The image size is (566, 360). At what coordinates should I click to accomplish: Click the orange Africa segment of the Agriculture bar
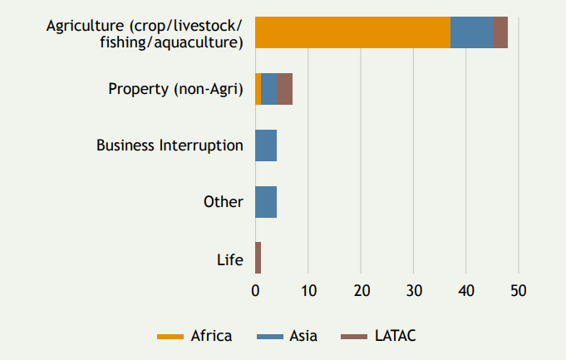[x=352, y=32]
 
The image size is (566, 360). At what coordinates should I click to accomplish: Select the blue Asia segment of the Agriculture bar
[x=471, y=32]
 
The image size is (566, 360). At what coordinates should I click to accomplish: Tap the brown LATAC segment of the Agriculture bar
[x=500, y=32]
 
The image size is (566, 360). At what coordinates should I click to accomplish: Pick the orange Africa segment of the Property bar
[x=258, y=89]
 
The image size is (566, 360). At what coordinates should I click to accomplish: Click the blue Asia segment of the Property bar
[x=269, y=89]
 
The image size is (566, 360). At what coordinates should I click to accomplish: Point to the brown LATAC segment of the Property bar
[x=285, y=89]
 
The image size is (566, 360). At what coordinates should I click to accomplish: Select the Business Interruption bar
[x=266, y=145]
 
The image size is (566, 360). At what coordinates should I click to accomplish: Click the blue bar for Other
[x=266, y=202]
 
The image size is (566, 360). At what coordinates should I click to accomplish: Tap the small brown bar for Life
[x=258, y=258]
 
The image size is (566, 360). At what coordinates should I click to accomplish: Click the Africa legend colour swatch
[x=170, y=337]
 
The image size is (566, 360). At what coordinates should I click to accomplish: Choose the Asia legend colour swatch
[x=270, y=337]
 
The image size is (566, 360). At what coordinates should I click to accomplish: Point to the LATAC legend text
[x=396, y=336]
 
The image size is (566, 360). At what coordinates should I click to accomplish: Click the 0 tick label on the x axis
[x=255, y=291]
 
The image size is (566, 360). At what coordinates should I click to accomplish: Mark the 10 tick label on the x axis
[x=309, y=291]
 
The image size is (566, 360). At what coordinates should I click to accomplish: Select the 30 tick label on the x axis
[x=414, y=291]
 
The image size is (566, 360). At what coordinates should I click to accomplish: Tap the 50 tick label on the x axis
[x=519, y=291]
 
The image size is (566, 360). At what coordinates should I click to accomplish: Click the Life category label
[x=230, y=260]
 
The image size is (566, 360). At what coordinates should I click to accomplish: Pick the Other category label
[x=224, y=202]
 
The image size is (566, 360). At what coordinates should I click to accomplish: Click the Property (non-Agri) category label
[x=176, y=90]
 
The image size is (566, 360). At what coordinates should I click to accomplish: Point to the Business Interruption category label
[x=170, y=145]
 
